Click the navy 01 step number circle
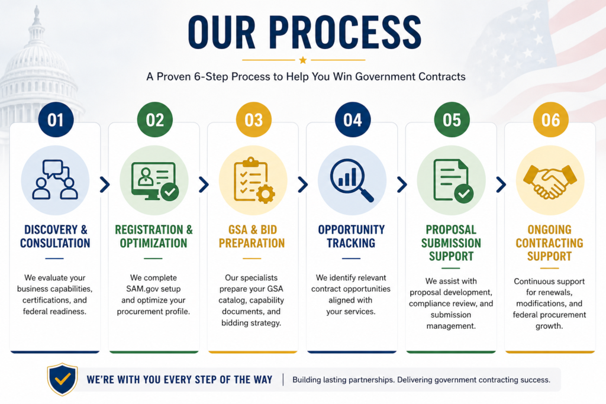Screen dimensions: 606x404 pos(56,119)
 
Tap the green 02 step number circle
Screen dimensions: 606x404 pos(154,119)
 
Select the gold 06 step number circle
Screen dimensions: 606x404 pos(551,119)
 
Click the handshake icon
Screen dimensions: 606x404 pos(550,182)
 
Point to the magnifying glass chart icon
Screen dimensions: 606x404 pos(352,180)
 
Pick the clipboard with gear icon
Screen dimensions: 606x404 pos(254,180)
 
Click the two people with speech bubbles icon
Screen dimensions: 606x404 pos(55,180)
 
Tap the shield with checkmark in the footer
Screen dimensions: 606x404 pos(62,379)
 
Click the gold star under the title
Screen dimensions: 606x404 pos(303,60)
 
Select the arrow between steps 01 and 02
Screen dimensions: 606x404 pos(105,185)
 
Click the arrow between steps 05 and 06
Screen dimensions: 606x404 pos(501,185)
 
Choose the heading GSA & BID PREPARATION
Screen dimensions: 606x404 pos(252,237)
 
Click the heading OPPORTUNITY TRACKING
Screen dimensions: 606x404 pos(352,237)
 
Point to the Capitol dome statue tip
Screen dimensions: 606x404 pos(37,6)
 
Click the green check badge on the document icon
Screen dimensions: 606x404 pos(464,193)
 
